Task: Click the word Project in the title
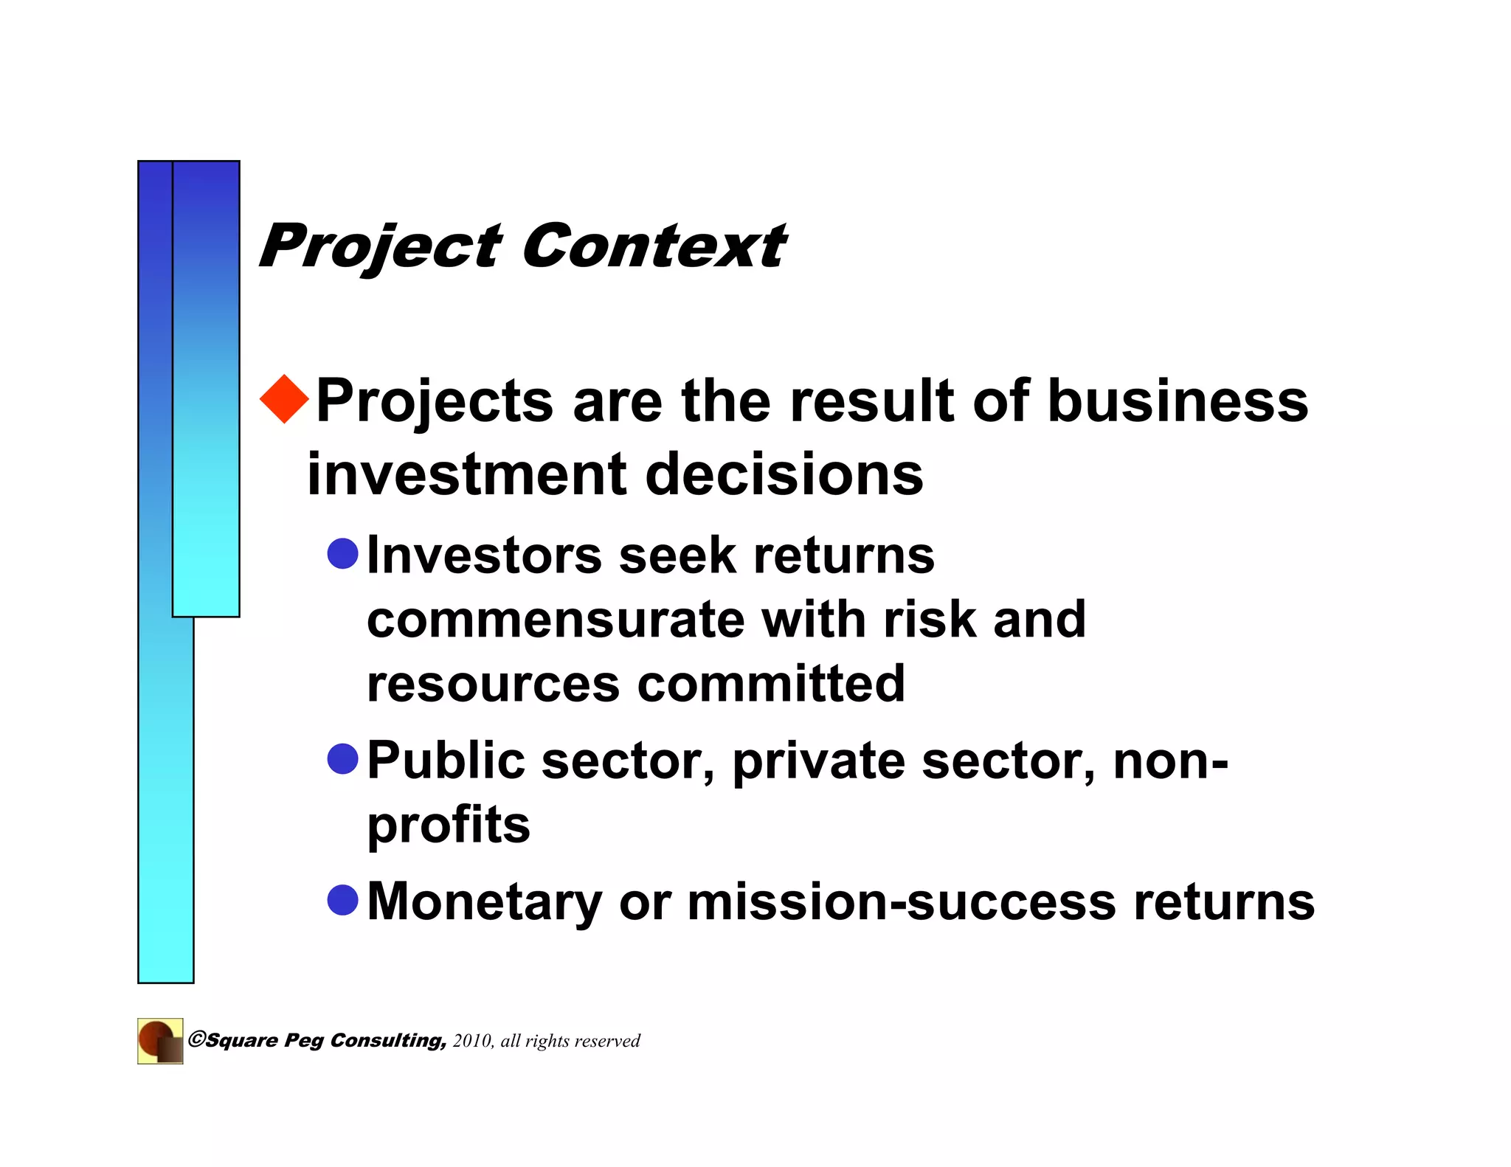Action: tap(380, 247)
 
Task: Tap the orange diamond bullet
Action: tap(285, 399)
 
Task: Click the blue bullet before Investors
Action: tap(342, 553)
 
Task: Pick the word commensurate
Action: tap(556, 619)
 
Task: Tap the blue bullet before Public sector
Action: tap(342, 759)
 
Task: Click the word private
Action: tap(818, 761)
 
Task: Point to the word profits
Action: tap(449, 825)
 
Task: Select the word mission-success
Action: tap(902, 901)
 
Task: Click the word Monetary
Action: tap(484, 901)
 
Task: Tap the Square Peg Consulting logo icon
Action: tap(160, 1041)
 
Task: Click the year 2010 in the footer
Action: tap(471, 1041)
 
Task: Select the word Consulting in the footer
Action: tap(387, 1041)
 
